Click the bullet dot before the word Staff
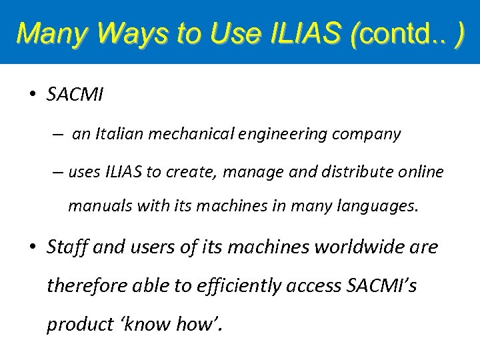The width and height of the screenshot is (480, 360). (x=32, y=247)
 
